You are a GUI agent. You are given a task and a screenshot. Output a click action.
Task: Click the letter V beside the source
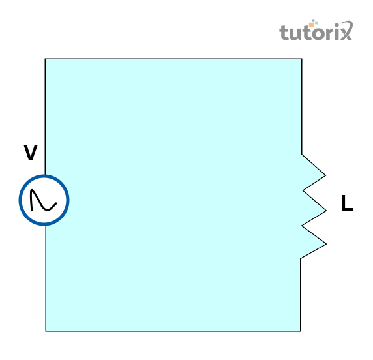[x=31, y=152]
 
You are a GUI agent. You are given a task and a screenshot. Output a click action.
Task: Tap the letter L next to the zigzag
[x=347, y=203]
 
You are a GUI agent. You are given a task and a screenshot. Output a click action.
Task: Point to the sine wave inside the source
[x=43, y=200]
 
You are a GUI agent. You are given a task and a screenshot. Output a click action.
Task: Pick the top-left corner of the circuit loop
[x=45, y=59]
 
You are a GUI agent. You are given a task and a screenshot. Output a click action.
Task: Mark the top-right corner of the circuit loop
[x=302, y=59]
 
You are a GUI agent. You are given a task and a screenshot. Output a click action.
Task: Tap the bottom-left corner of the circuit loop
[x=46, y=331]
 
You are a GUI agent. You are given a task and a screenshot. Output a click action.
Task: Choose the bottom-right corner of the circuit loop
[x=301, y=331]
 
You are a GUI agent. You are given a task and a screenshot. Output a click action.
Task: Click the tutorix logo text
[x=316, y=31]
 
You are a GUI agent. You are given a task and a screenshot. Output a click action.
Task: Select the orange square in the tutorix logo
[x=312, y=25]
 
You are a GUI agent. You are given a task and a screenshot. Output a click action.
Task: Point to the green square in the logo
[x=317, y=23]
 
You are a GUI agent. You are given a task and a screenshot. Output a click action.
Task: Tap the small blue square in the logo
[x=314, y=20]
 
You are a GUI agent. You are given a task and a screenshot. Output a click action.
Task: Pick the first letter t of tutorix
[x=283, y=32]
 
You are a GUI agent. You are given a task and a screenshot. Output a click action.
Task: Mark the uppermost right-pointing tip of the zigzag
[x=325, y=175]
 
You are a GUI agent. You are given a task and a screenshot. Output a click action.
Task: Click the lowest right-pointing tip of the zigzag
[x=326, y=244]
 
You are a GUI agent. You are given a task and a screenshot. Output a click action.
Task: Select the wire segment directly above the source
[x=45, y=117]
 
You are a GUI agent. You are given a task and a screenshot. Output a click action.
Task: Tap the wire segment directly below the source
[x=46, y=278]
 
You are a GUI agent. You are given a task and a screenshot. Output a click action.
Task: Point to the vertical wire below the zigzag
[x=301, y=295]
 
